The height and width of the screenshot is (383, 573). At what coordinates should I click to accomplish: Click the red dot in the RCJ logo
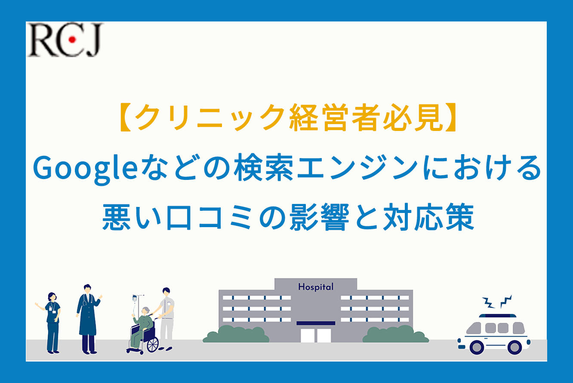tap(72, 40)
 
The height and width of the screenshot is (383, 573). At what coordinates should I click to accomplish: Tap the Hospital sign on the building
tap(316, 287)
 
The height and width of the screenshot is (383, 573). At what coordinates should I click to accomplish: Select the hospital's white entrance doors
tap(316, 335)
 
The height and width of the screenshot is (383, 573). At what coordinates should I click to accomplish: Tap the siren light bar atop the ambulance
tap(497, 316)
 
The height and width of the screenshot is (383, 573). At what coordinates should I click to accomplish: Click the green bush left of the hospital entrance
tap(236, 334)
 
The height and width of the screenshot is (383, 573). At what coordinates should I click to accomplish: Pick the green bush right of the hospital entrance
tap(396, 334)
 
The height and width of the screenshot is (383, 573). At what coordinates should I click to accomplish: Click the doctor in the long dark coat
tap(88, 319)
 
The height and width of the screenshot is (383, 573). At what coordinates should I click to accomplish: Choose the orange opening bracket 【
tap(125, 118)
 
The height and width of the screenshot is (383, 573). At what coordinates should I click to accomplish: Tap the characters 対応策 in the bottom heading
tap(429, 217)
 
